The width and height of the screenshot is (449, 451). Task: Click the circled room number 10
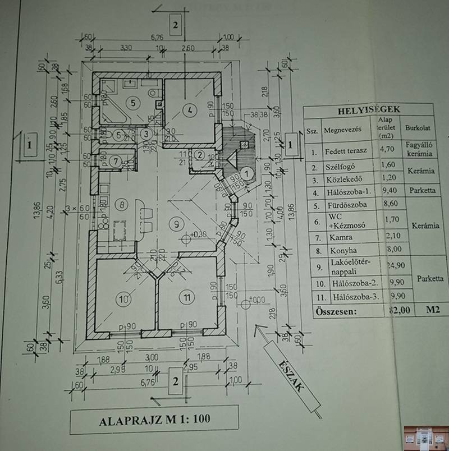123,298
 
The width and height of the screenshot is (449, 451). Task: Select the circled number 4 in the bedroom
190,110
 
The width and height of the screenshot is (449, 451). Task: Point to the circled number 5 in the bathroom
131,103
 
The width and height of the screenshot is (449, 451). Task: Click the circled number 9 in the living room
177,224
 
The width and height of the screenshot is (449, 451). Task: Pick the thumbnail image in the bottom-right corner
425,437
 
